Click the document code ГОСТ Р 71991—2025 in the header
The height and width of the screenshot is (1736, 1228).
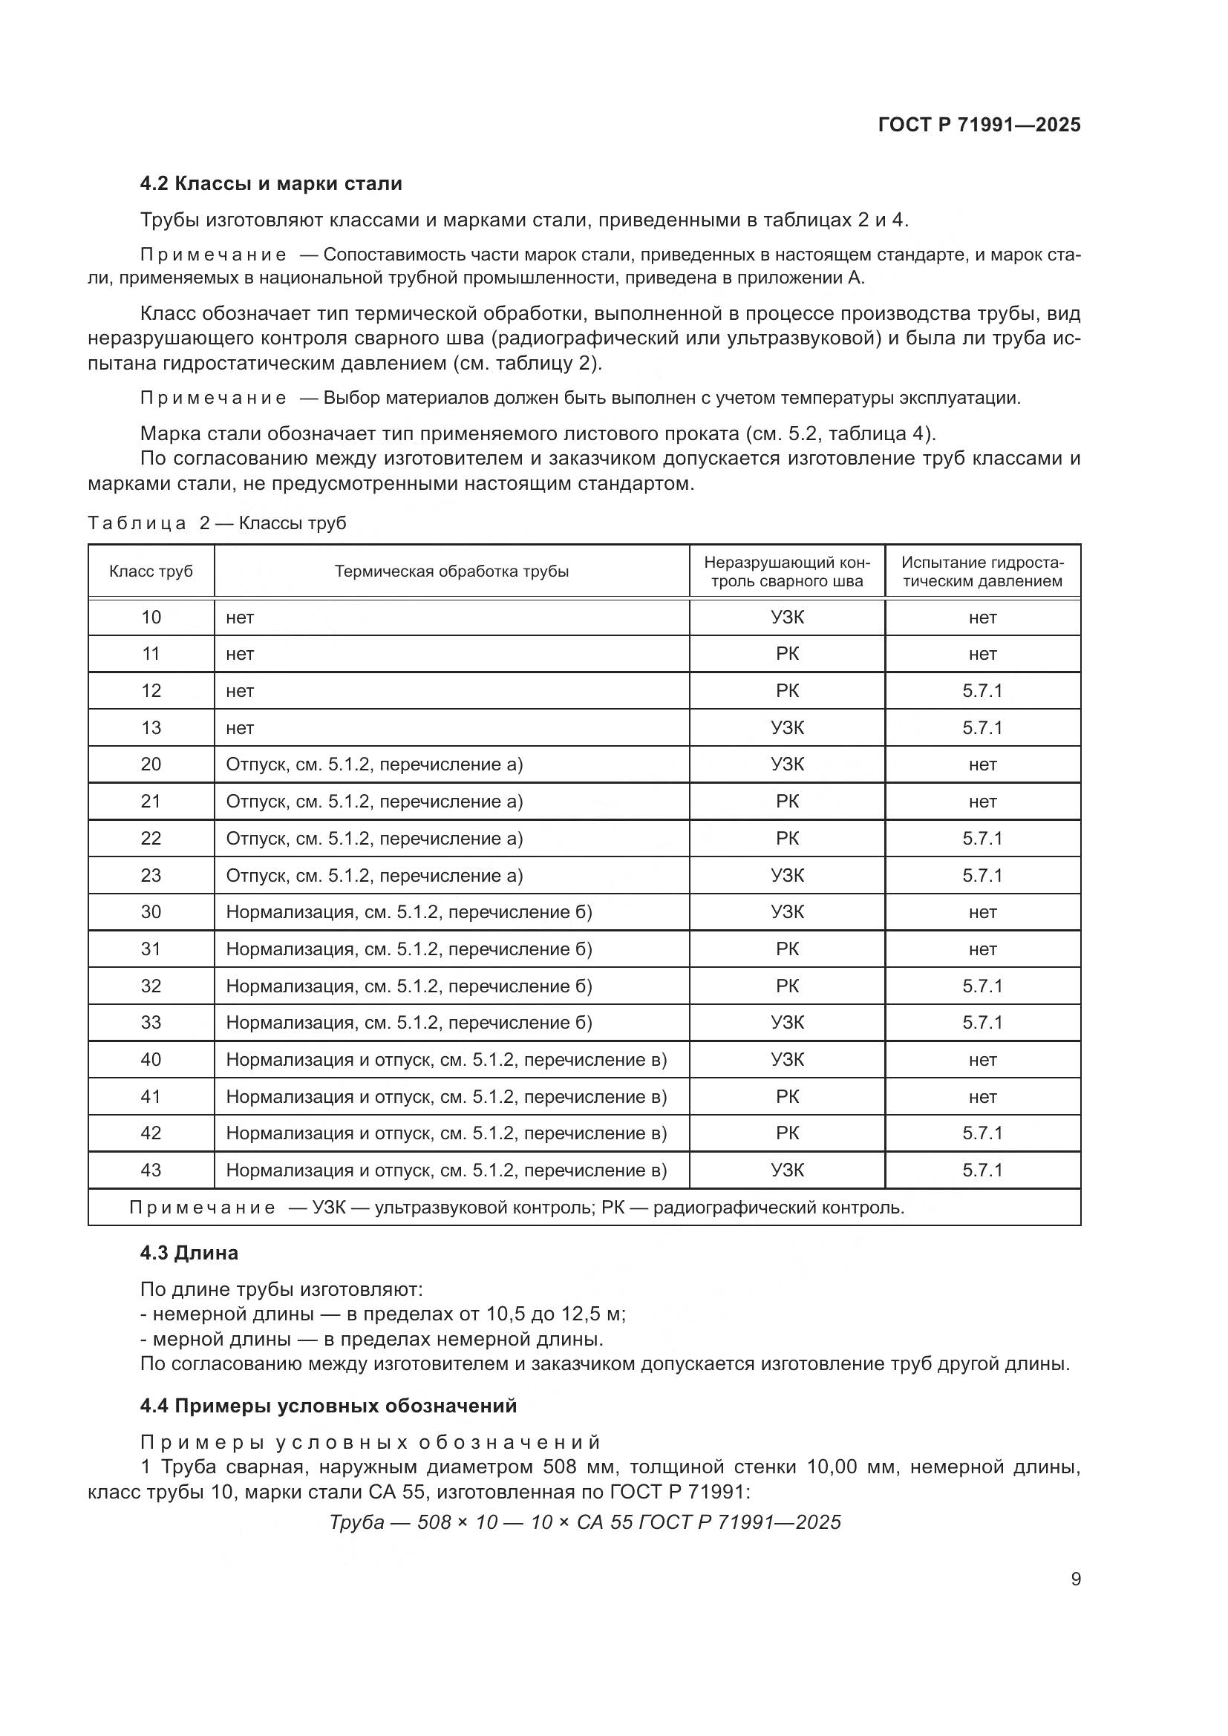[979, 125]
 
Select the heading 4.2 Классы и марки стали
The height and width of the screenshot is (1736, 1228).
[271, 184]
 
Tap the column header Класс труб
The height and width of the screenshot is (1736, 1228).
[151, 571]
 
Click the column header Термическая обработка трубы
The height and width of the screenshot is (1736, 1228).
[451, 571]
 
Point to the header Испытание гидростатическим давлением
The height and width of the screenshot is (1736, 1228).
[982, 571]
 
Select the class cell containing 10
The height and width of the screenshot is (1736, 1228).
[151, 617]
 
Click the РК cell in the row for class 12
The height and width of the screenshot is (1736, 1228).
[787, 690]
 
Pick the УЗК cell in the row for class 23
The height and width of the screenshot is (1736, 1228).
[787, 875]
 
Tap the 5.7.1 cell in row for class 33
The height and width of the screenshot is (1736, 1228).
[982, 1022]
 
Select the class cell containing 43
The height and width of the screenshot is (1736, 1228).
[151, 1170]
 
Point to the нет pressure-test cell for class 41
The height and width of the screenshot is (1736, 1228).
[982, 1096]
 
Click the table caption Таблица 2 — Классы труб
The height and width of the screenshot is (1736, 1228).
[217, 523]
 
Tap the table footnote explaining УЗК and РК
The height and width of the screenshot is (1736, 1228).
[517, 1208]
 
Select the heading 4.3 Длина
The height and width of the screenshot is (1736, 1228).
[189, 1253]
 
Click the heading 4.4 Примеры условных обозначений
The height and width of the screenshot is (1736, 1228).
[328, 1406]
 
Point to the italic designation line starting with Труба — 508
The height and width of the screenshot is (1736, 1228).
[584, 1522]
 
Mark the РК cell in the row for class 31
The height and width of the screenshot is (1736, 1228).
[787, 949]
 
